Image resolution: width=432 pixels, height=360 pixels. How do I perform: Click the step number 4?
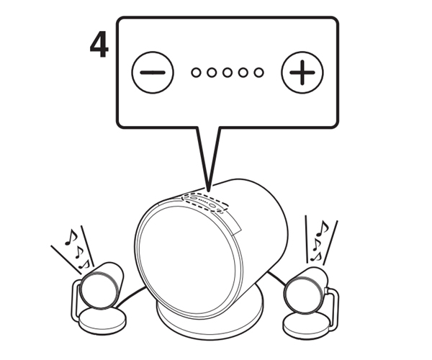99,45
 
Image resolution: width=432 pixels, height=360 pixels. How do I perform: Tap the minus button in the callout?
153,73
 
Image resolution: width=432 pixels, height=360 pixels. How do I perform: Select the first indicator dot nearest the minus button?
196,73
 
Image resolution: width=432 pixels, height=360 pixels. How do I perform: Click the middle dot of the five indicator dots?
228,73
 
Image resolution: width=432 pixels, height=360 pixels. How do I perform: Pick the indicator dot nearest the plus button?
258,73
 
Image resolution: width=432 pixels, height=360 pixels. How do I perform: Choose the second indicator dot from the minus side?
212,73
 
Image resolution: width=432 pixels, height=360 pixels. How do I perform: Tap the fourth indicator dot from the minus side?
243,73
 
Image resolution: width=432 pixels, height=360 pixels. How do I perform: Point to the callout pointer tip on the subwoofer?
209,191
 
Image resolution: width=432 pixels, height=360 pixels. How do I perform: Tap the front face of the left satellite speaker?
98,289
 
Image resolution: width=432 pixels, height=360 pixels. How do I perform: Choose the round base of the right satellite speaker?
307,325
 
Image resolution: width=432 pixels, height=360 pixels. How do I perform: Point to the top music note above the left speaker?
71,237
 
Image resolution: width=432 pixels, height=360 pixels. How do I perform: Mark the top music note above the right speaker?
323,228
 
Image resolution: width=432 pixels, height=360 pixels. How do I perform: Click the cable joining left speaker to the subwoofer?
132,296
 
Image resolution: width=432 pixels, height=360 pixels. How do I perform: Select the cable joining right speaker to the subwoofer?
276,279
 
